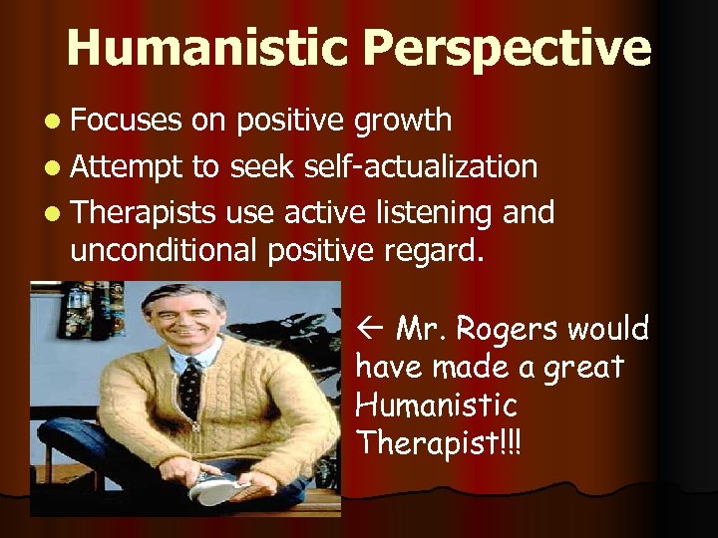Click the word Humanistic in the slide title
[x=206, y=48]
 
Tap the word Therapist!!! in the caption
[x=438, y=442]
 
